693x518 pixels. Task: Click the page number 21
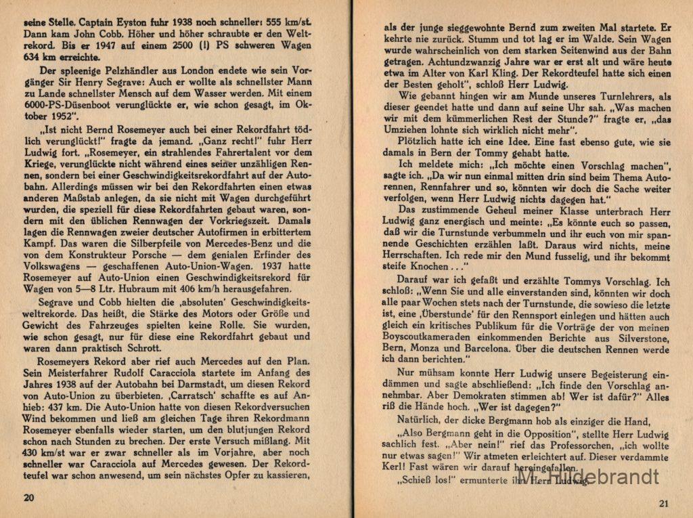tap(663, 502)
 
